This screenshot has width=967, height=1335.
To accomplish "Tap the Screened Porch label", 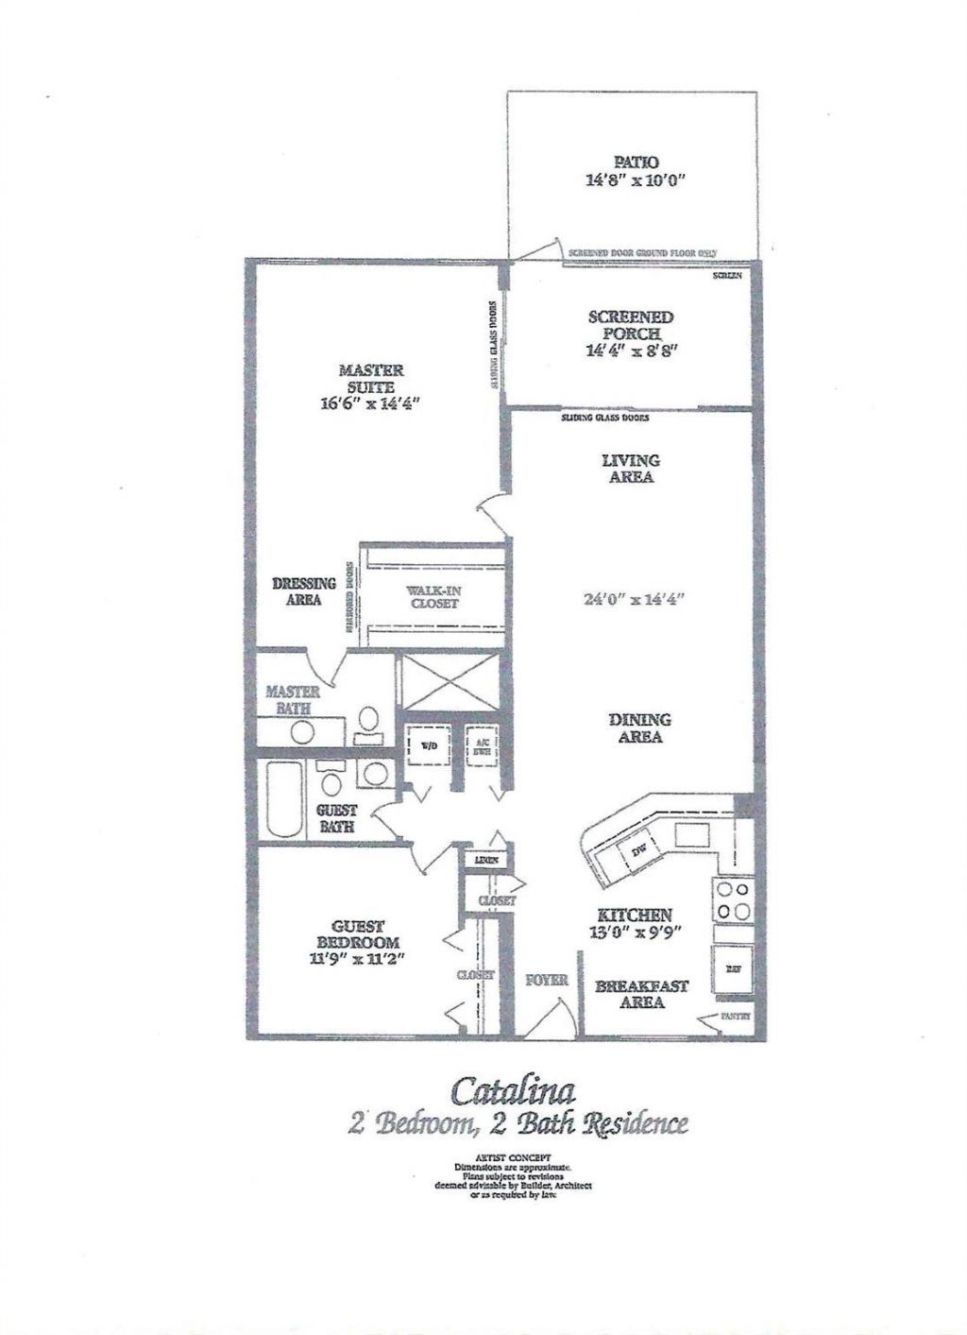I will point(631,325).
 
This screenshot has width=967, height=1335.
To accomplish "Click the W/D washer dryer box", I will point(428,745).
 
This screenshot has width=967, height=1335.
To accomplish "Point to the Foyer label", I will point(547,980).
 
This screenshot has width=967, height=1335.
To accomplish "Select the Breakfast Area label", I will point(641,994).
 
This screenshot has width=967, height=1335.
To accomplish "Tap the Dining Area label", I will point(639,727).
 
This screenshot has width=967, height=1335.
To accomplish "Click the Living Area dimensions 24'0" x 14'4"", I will point(633,598).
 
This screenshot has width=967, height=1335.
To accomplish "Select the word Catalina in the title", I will point(513,1090).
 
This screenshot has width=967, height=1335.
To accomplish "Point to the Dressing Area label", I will point(303,591).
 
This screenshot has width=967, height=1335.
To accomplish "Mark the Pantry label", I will point(736,1018).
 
